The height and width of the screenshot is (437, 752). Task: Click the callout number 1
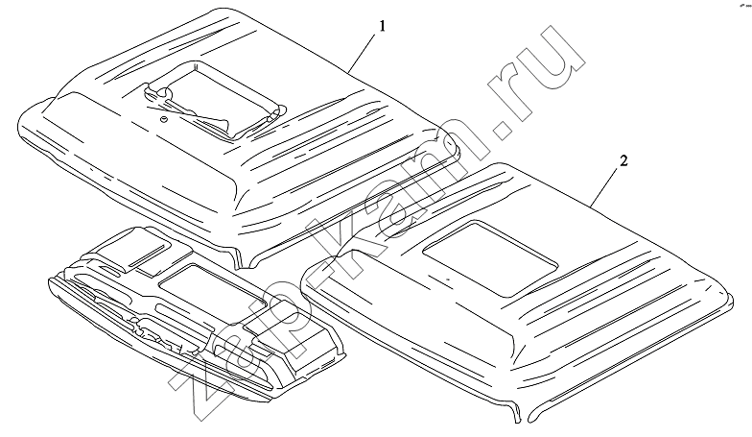[x=382, y=27]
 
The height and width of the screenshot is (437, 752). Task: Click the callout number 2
[x=623, y=161]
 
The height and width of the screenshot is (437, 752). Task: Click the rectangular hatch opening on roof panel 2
[x=490, y=258]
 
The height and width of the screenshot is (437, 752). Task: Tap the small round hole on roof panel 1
[x=163, y=119]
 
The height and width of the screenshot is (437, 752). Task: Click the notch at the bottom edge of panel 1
[x=245, y=259]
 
